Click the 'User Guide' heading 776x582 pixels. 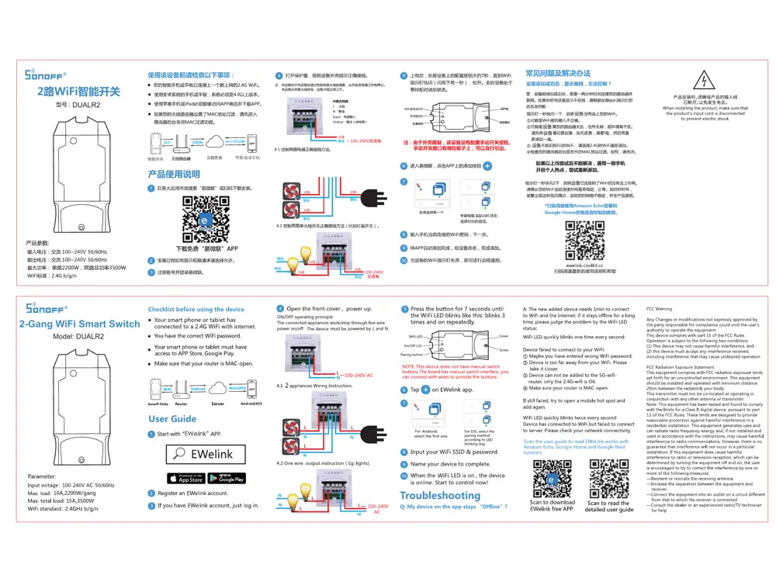coord(172,419)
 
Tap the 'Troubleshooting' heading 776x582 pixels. coord(440,495)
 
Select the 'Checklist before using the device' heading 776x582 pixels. coord(196,309)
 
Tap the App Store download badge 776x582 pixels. coord(185,478)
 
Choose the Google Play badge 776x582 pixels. coord(226,478)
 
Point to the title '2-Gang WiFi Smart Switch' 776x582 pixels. coord(80,324)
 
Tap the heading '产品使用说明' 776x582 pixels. coord(174,175)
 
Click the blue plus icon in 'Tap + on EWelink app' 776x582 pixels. coord(425,390)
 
